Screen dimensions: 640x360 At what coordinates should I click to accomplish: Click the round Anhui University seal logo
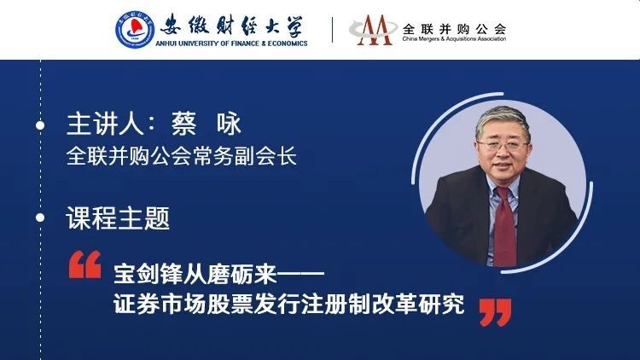(x=135, y=30)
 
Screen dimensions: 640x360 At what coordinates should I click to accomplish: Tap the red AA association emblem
(x=374, y=30)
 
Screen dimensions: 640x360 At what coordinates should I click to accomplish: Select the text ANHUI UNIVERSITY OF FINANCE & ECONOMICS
(x=231, y=43)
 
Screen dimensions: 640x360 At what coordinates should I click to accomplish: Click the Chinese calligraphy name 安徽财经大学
(x=231, y=26)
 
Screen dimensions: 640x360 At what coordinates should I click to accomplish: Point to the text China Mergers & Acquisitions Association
(x=454, y=38)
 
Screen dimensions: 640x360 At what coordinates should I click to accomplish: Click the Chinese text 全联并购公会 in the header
(x=454, y=28)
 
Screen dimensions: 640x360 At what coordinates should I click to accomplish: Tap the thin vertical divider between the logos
(x=332, y=30)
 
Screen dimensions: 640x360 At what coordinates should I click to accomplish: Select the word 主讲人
(x=104, y=123)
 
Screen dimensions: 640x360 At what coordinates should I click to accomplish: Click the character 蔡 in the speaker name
(x=183, y=123)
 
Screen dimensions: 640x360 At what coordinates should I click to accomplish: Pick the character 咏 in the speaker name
(x=229, y=123)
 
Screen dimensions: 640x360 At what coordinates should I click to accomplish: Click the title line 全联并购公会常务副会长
(x=182, y=156)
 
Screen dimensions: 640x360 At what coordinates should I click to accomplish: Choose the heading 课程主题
(x=118, y=218)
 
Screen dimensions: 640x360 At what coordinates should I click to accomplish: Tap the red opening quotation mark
(x=84, y=264)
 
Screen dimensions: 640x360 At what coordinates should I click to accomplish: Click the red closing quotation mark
(x=496, y=312)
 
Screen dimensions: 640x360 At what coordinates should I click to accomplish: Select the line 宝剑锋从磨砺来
(x=195, y=274)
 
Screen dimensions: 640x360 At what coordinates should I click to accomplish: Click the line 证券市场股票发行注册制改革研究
(x=289, y=304)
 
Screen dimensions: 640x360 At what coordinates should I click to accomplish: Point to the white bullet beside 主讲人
(x=40, y=125)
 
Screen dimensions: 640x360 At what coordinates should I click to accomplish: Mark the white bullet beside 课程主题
(x=40, y=218)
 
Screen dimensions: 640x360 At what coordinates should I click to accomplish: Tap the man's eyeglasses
(x=503, y=145)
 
